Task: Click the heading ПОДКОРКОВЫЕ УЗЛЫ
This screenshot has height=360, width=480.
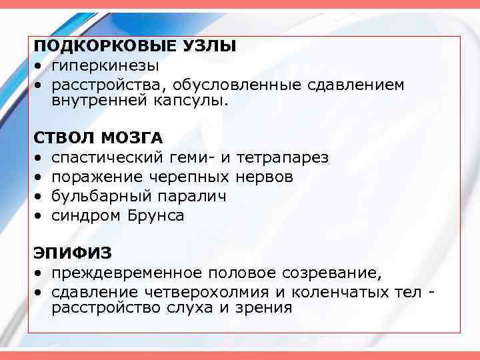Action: [135, 46]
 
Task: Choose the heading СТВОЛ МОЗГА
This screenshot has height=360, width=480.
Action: [99, 138]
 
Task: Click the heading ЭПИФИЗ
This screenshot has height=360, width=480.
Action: [73, 253]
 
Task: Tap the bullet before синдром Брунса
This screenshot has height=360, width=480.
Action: [39, 216]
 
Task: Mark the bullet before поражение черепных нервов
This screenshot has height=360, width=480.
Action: [39, 178]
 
